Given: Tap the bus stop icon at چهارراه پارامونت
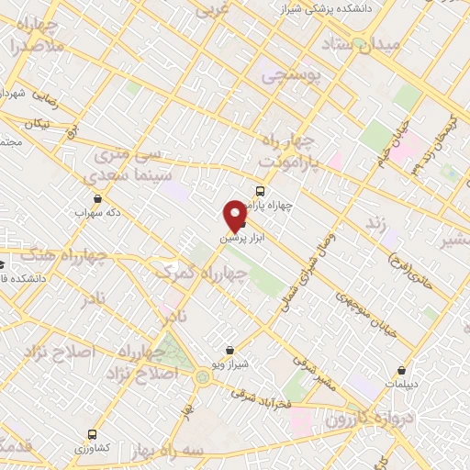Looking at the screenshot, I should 262,192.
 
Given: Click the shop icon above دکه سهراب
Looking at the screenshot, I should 97,198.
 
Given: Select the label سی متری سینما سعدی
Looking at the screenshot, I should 127,165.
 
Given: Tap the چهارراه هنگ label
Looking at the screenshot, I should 69,260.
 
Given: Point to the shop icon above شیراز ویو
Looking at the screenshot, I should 229,350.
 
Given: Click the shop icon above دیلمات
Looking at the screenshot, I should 403,371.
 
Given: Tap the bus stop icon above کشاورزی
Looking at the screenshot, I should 91,433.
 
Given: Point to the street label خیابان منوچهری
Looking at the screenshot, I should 367,313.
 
